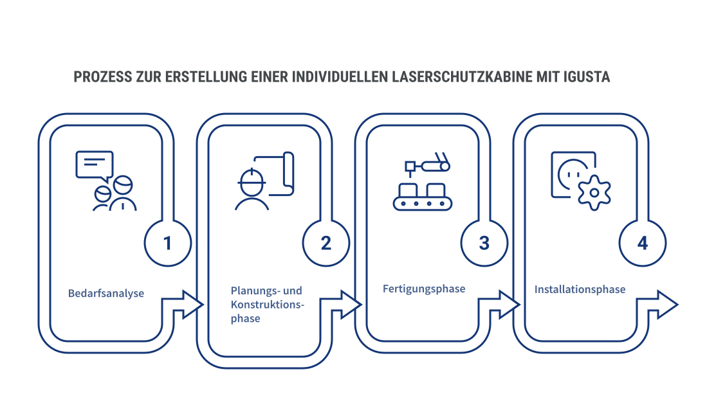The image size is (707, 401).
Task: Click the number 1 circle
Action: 167,244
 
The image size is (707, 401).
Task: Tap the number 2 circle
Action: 326,244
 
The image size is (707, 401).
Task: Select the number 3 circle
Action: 484,244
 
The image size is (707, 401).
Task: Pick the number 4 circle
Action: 642,244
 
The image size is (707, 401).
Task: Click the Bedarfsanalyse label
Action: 106,294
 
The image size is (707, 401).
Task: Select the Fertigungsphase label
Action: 423,289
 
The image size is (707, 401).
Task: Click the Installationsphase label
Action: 580,289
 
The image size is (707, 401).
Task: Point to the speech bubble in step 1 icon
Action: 95,164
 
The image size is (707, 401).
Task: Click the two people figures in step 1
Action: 115,195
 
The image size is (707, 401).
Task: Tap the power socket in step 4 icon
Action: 571,172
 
